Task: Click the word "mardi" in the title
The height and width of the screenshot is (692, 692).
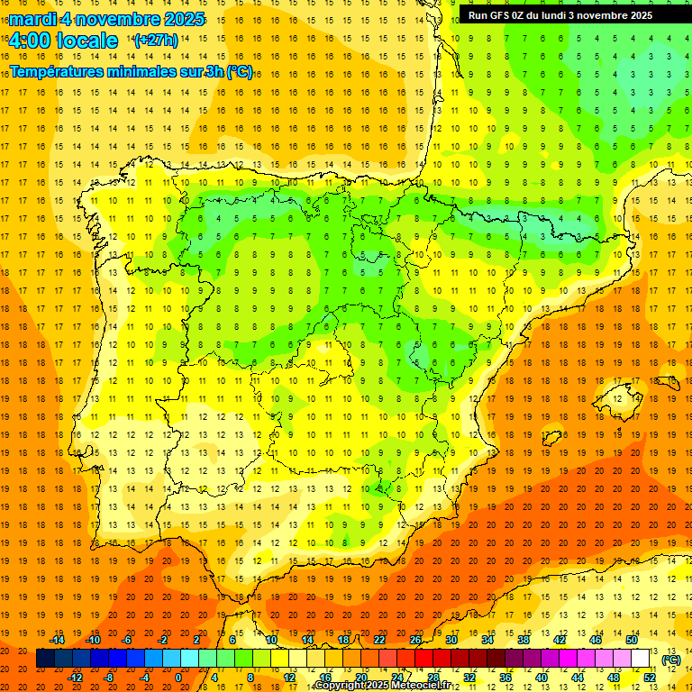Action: [33, 19]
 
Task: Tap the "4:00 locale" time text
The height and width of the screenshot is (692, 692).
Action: [63, 41]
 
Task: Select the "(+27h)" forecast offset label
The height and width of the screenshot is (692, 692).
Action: [156, 41]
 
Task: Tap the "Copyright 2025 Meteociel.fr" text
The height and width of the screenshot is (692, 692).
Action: [383, 686]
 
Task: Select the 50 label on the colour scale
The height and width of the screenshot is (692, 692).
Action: [632, 640]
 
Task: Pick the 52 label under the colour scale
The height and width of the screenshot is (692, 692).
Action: [650, 678]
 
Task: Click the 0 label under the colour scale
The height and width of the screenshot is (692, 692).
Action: [178, 678]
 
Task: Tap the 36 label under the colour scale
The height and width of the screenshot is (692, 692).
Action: [505, 678]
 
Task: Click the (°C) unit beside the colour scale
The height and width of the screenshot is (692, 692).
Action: [670, 660]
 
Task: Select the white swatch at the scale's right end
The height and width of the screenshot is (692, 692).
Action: [641, 659]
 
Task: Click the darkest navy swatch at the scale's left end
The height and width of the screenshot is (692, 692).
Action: [45, 659]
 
